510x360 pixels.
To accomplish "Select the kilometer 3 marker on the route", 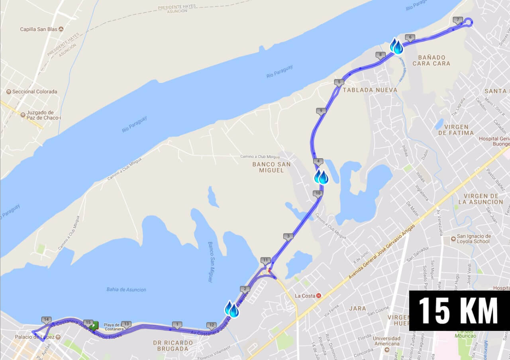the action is pos(288,236).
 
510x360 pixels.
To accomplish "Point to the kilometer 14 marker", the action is pos(46,320).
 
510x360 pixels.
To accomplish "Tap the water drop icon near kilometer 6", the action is pos(396,46).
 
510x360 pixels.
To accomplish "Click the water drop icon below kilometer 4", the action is pos(321,177).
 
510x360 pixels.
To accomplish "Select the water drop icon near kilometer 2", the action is pos(231,309).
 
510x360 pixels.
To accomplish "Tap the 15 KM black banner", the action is pos(459,311).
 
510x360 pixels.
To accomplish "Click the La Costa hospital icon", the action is pos(318,296).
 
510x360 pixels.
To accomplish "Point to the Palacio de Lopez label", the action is pos(35,337).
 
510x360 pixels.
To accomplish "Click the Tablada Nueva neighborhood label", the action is pos(370,90).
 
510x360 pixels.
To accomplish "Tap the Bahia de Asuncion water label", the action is pos(126,290).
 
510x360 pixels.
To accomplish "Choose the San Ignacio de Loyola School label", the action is pos(474,239).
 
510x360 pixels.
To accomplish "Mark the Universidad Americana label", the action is pos(387,341).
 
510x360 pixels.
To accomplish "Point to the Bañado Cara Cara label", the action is pos(431,60).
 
